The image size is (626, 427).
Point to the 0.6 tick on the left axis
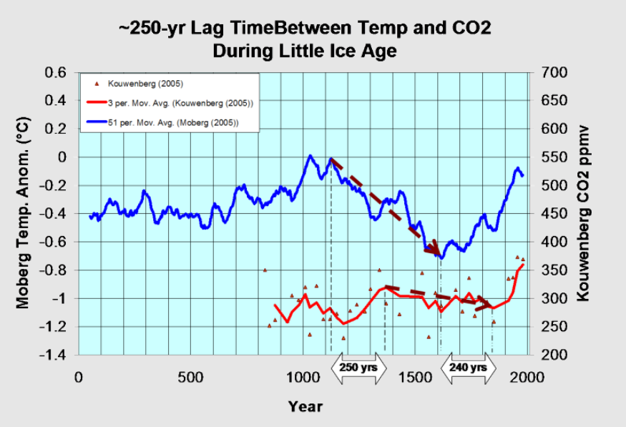point(56,72)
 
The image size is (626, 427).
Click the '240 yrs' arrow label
point(468,368)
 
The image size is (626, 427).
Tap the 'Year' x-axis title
point(305,407)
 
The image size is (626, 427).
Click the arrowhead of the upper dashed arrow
point(434,248)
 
